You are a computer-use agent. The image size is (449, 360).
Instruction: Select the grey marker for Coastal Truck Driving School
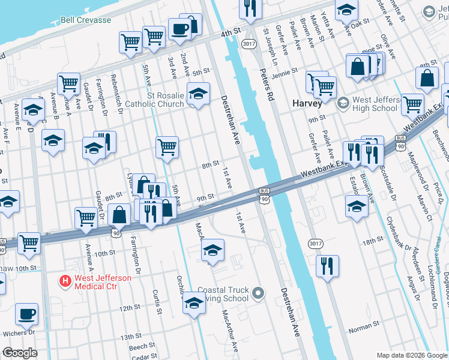coord(258,293)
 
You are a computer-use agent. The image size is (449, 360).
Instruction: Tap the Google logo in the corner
coord(20,353)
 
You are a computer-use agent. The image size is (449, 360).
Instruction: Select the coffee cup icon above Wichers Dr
coord(26,313)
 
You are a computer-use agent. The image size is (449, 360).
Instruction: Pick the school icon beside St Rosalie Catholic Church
coord(198,93)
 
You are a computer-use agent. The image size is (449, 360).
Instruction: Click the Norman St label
coord(361,328)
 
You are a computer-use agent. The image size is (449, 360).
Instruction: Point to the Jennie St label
coord(284,71)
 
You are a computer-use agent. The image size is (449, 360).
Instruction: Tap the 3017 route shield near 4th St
coord(249,44)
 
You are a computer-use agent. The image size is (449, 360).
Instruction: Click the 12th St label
coord(129,308)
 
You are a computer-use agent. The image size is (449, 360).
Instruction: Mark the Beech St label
coord(142,347)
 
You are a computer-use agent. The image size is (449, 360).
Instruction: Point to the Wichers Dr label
coord(18,332)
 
